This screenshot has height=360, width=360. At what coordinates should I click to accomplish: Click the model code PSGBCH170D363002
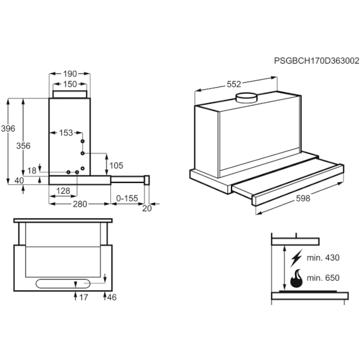317,61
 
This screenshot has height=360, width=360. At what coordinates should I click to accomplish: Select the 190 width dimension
70,74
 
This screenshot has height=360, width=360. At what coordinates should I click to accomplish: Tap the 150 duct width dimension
70,84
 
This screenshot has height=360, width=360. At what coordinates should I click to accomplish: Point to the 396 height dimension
8,128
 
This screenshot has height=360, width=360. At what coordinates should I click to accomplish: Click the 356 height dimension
23,146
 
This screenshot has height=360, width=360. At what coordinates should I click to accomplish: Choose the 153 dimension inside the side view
66,133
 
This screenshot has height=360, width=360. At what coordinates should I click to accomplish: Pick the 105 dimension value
116,166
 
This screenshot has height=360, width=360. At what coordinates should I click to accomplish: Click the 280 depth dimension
80,204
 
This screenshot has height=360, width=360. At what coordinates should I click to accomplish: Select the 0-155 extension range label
127,199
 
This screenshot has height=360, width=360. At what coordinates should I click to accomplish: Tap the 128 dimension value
63,191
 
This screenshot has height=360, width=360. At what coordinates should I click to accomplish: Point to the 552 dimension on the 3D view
234,85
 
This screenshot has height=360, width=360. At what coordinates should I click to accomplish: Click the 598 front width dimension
303,199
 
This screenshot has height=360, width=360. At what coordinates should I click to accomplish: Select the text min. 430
323,258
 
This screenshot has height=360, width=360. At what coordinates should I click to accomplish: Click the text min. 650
323,278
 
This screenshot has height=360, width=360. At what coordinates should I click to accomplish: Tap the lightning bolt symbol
296,258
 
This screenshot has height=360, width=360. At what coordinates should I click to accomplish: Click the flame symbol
296,278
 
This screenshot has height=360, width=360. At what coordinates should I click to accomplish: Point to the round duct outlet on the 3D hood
247,98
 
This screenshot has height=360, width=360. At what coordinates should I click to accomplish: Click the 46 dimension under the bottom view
112,298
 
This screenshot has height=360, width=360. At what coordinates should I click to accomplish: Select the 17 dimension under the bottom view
83,298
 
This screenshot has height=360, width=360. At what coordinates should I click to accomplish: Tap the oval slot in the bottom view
63,284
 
